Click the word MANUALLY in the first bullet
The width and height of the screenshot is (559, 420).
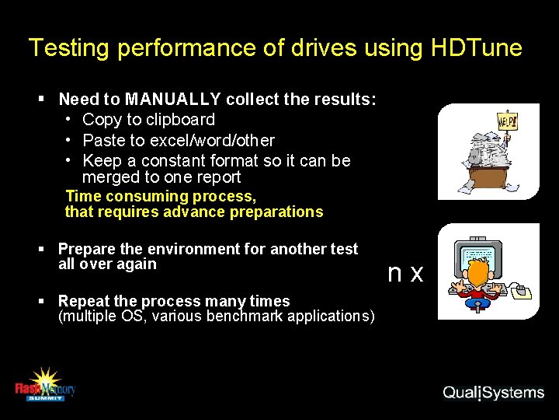[x=173, y=100]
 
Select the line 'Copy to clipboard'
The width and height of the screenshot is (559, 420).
[x=148, y=120]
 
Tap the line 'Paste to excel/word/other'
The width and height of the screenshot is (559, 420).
[x=178, y=140]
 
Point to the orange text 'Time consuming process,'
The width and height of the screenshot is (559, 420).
[x=161, y=196]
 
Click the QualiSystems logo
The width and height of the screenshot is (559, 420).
[x=494, y=392]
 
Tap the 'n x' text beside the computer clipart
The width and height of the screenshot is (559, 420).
[x=405, y=273]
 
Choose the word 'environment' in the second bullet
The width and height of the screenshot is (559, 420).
[x=191, y=249]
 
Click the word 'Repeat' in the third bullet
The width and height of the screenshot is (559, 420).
[x=82, y=301]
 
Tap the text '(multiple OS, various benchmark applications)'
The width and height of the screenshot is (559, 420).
[x=217, y=317]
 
